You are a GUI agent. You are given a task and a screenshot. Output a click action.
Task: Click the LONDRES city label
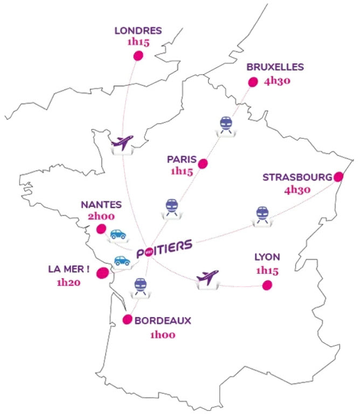coord(137,31)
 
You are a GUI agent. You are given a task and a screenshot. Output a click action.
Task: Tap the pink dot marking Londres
coord(138,55)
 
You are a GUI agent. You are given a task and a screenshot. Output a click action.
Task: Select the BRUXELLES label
coord(275,67)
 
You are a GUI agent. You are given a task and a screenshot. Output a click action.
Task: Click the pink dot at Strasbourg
coord(338,176)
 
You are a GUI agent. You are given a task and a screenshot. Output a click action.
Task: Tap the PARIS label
coord(181,159)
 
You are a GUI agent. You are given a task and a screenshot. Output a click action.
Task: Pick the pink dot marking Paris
coord(203,163)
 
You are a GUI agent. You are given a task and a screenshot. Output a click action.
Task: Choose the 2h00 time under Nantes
coord(101,216)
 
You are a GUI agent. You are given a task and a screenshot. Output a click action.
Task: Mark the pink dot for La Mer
coord(101,274)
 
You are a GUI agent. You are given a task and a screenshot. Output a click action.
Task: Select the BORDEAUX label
coord(163,321)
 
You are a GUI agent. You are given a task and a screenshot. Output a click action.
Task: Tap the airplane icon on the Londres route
coord(121,143)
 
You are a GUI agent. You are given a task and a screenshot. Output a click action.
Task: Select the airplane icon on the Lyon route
coord(208,278)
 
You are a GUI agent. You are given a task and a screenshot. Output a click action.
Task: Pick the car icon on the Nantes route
coord(118,234)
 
